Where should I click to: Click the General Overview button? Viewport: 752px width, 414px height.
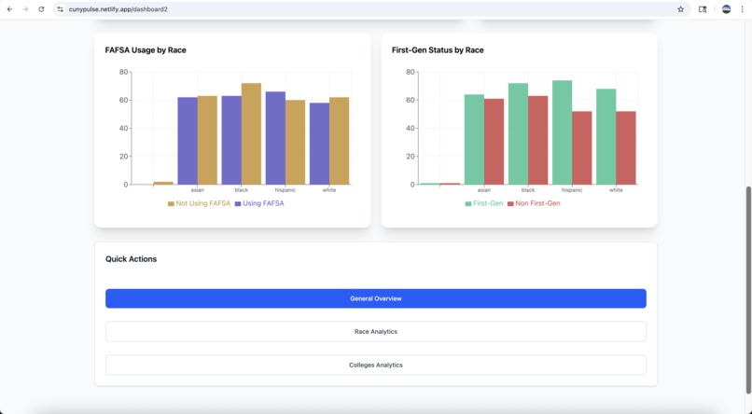coord(375,298)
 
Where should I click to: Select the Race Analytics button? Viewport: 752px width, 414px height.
coord(375,331)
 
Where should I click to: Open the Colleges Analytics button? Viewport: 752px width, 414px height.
coord(375,365)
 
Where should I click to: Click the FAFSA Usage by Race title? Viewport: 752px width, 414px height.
coord(146,50)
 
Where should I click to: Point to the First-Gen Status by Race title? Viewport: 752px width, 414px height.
coord(438,50)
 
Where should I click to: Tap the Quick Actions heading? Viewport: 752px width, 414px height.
coord(131,259)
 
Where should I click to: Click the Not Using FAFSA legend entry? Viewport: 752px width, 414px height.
coord(199,203)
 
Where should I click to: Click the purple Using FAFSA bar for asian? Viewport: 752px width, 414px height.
coord(188,140)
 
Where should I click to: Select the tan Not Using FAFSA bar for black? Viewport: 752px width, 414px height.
coord(251,133)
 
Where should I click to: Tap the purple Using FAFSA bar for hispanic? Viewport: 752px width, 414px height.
coord(275,137)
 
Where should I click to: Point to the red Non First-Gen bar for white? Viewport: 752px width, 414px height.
coord(626,147)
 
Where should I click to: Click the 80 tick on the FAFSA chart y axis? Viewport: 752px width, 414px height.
coord(123,72)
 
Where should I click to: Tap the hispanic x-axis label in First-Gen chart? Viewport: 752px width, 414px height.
coord(572,190)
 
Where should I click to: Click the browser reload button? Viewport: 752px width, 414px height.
coord(41,9)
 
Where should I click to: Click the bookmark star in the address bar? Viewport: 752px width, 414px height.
coord(680,9)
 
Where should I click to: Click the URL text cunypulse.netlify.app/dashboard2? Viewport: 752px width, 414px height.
coord(118,9)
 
